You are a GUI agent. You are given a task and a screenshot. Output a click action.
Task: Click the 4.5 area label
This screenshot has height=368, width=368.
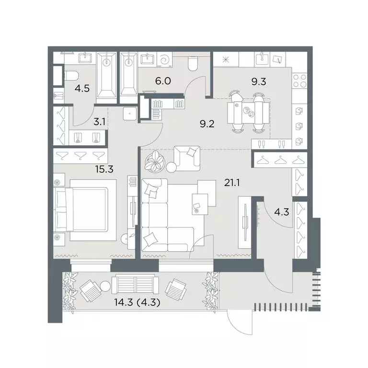(82, 89)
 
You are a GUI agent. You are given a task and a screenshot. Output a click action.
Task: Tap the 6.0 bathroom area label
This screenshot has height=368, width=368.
(163, 81)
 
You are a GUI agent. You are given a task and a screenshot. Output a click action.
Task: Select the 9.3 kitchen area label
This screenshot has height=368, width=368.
(259, 81)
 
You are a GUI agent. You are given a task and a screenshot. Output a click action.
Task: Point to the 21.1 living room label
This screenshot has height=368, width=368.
(232, 183)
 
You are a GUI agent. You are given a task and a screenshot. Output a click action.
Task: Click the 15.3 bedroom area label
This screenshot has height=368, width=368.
(104, 169)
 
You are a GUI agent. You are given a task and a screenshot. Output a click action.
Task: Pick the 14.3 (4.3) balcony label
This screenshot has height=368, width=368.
(138, 302)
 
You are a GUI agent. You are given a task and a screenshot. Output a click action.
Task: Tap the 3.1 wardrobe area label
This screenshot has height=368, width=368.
(99, 122)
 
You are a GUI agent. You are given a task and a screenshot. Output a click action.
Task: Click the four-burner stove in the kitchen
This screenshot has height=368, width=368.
(299, 80)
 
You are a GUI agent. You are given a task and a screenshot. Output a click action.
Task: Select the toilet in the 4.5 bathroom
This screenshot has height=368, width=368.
(71, 76)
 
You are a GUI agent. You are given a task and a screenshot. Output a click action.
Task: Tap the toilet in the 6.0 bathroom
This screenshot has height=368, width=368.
(193, 63)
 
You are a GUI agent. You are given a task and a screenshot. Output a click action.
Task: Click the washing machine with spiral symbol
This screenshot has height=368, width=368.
(164, 59)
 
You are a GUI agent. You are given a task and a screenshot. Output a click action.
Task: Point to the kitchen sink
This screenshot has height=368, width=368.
(262, 59)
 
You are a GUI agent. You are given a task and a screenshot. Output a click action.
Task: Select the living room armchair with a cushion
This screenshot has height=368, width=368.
(187, 158)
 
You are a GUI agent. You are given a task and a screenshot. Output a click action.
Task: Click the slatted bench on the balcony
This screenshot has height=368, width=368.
(136, 285)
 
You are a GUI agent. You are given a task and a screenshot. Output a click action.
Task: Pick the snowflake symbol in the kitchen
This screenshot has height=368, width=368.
(226, 59)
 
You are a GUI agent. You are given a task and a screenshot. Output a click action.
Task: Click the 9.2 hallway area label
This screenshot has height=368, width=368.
(207, 124)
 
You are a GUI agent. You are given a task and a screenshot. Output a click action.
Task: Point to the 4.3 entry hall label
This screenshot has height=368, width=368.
(281, 212)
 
